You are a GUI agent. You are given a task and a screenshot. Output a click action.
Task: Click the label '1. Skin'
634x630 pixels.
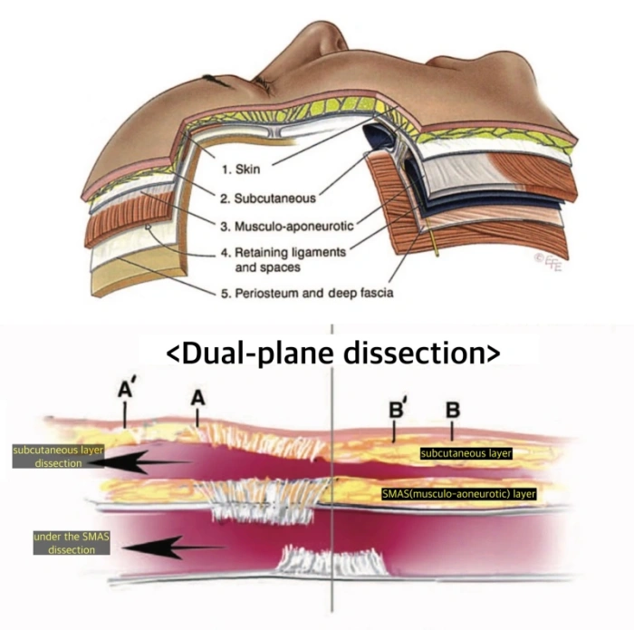pyautogui.click(x=242, y=169)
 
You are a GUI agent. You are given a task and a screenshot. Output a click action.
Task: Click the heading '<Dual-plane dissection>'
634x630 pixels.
pyautogui.click(x=332, y=353)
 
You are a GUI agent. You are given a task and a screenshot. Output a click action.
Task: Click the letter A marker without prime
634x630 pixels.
pyautogui.click(x=196, y=398)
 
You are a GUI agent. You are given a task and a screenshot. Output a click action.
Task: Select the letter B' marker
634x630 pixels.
pyautogui.click(x=396, y=408)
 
